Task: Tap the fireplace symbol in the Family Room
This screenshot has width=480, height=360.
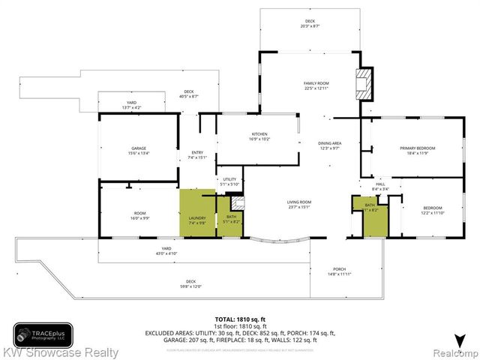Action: point(364,83)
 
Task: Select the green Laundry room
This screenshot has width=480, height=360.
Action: point(196,214)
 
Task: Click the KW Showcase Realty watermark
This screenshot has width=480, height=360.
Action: point(60,352)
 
